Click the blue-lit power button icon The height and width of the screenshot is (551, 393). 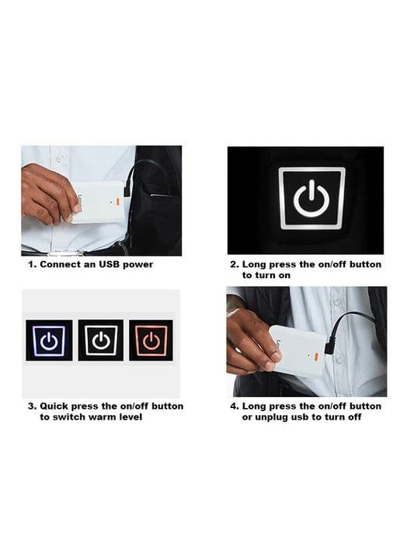click(x=49, y=340)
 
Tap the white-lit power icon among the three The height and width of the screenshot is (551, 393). click(x=101, y=340)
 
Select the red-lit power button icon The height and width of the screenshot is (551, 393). click(x=151, y=340)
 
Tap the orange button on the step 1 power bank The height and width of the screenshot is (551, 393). click(x=117, y=202)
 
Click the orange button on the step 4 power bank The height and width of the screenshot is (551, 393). click(x=315, y=357)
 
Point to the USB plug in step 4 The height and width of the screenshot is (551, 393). click(x=329, y=346)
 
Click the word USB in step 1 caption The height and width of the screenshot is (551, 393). click(x=110, y=264)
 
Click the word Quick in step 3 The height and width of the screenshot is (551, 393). click(x=54, y=406)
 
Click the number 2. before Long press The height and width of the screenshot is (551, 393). click(x=235, y=264)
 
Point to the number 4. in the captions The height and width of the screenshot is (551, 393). click(x=235, y=406)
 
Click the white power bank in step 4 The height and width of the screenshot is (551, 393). click(x=298, y=351)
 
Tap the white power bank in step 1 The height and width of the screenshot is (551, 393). click(x=100, y=202)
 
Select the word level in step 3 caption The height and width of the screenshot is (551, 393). click(x=130, y=417)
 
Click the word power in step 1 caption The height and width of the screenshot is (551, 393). click(x=138, y=265)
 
